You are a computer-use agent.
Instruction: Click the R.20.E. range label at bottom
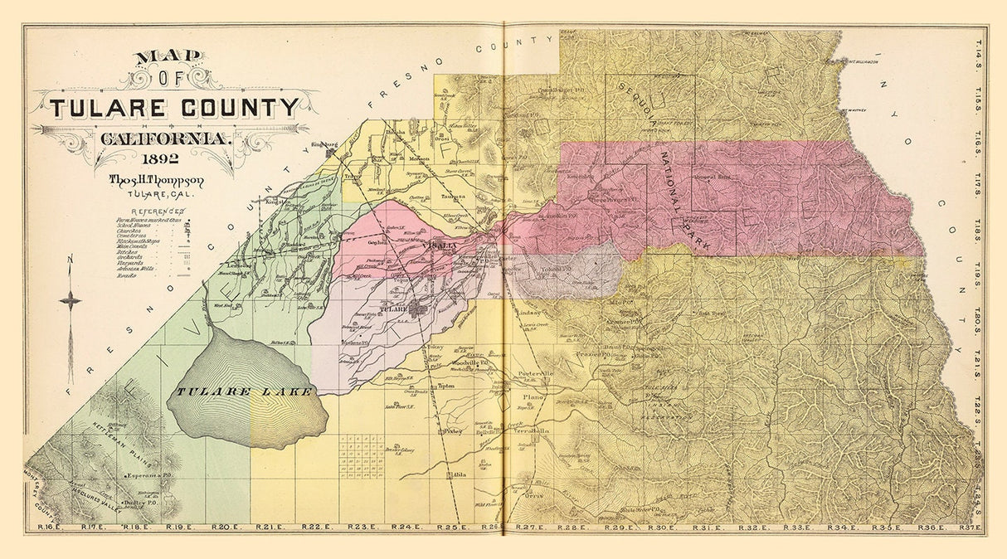coord(224,527)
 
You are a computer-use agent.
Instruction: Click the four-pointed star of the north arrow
coord(71,299)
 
